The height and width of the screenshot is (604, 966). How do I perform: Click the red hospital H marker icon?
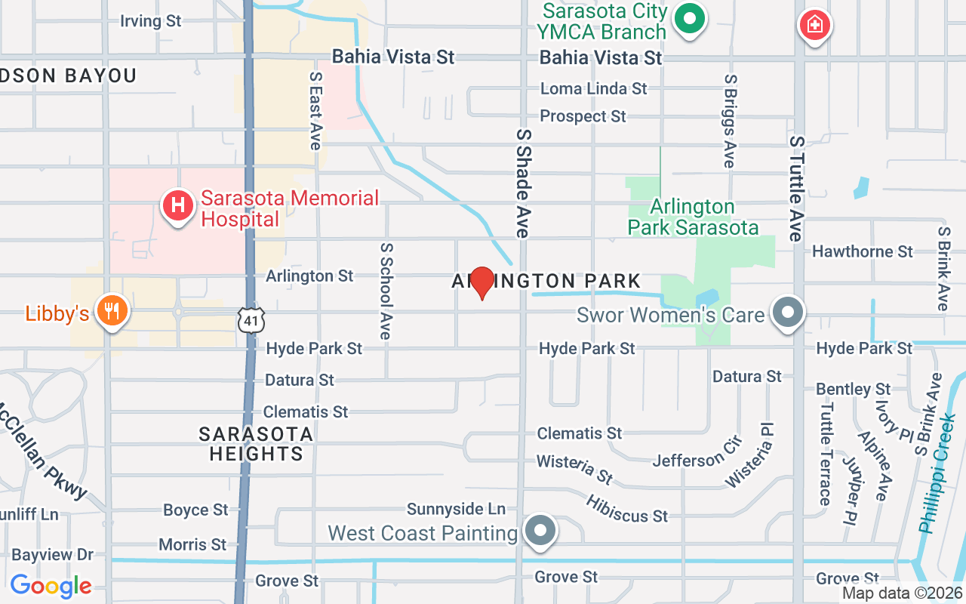point(178,205)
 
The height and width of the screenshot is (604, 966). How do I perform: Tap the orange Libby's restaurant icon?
point(112,312)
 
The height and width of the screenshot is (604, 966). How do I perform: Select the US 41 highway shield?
point(251,320)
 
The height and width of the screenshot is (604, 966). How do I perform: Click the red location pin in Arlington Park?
point(481,283)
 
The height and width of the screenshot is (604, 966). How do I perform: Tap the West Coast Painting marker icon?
point(540,530)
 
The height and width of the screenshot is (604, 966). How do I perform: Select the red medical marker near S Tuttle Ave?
point(814,26)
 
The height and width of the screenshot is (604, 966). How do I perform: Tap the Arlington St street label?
point(309,276)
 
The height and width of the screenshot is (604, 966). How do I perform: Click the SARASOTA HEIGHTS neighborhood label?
point(256,444)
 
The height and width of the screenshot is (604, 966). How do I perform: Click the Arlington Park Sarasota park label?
point(692,217)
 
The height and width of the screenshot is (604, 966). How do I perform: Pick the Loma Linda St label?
point(593,88)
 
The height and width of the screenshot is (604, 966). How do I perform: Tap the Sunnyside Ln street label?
point(456,510)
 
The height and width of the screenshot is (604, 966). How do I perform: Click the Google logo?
point(51,585)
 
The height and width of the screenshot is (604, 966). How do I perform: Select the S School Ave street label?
point(386,291)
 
